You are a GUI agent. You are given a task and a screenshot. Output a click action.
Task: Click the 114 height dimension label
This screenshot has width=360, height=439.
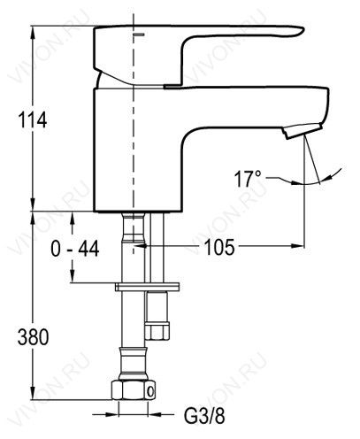33,119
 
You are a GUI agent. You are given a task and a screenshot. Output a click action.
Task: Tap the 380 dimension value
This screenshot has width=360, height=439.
33,337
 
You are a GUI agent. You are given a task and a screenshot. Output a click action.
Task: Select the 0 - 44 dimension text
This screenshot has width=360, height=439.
75,249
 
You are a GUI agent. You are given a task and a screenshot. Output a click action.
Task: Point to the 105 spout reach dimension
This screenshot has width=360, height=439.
219,247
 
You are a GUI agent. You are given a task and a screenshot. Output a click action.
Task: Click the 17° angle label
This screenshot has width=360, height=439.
248,179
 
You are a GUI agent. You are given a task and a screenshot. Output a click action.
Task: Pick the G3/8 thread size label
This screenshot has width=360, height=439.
204,416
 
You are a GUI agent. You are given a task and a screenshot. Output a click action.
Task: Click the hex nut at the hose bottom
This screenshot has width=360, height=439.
134,389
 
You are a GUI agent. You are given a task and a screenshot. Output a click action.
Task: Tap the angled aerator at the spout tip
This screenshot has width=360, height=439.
301,130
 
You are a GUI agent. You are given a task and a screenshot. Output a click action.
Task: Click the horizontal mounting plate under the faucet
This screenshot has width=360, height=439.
147,287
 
